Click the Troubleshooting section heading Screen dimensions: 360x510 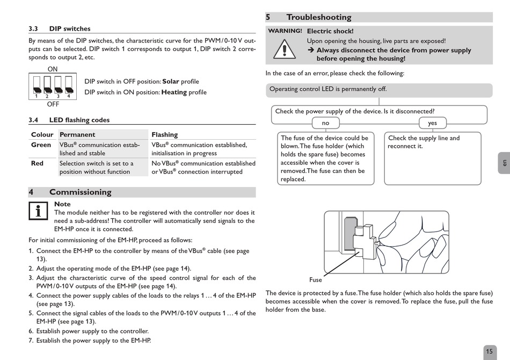pyautogui.click(x=318, y=17)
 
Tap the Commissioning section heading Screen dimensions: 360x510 pyautogui.click(x=80, y=192)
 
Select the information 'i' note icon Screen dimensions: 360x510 pyautogui.click(x=38, y=211)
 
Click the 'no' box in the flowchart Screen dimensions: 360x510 pyautogui.click(x=325, y=123)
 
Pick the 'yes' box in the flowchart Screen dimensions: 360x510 pyautogui.click(x=432, y=123)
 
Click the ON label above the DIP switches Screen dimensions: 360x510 pyautogui.click(x=53, y=69)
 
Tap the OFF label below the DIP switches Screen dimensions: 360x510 pyautogui.click(x=53, y=104)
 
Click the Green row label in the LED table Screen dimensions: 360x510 pyautogui.click(x=41, y=145)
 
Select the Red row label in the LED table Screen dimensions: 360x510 pyautogui.click(x=37, y=163)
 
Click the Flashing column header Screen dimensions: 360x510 pyautogui.click(x=164, y=135)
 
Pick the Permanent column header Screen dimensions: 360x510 pyautogui.click(x=77, y=135)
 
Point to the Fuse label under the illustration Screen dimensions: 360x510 pyautogui.click(x=316, y=279)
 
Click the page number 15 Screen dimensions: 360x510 pyautogui.click(x=489, y=352)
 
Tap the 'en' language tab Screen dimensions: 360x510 pyautogui.click(x=504, y=163)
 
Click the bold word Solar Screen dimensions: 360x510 pyautogui.click(x=171, y=82)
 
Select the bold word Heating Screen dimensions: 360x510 pyautogui.click(x=174, y=92)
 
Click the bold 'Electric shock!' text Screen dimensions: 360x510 pyautogui.click(x=330, y=32)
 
